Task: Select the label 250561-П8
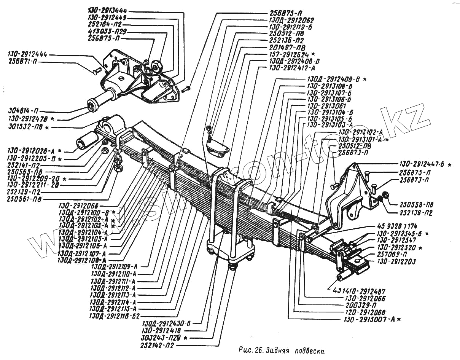click(24, 199)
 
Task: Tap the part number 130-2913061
click(326, 106)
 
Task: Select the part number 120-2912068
click(362, 312)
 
